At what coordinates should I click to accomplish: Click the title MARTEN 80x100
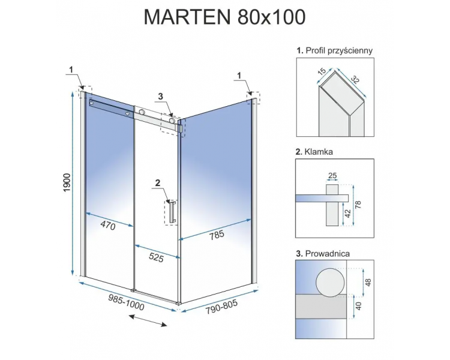[224, 17]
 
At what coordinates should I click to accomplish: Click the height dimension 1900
[67, 183]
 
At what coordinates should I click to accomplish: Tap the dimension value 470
[108, 226]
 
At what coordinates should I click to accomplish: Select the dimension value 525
[156, 257]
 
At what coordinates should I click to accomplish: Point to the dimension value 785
[217, 235]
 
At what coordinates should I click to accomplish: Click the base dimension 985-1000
[126, 302]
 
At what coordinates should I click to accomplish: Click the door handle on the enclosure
[172, 212]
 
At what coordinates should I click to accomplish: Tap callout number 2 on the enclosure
[158, 182]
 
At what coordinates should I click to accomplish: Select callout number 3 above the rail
[161, 96]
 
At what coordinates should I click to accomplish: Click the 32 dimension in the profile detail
[355, 79]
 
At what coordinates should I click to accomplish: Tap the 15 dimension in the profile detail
[322, 71]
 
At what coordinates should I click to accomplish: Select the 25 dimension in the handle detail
[332, 175]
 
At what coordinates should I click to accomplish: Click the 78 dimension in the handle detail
[358, 205]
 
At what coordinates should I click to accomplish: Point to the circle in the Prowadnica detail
[331, 283]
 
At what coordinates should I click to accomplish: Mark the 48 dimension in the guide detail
[368, 282]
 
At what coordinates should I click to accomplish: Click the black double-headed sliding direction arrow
[148, 320]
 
